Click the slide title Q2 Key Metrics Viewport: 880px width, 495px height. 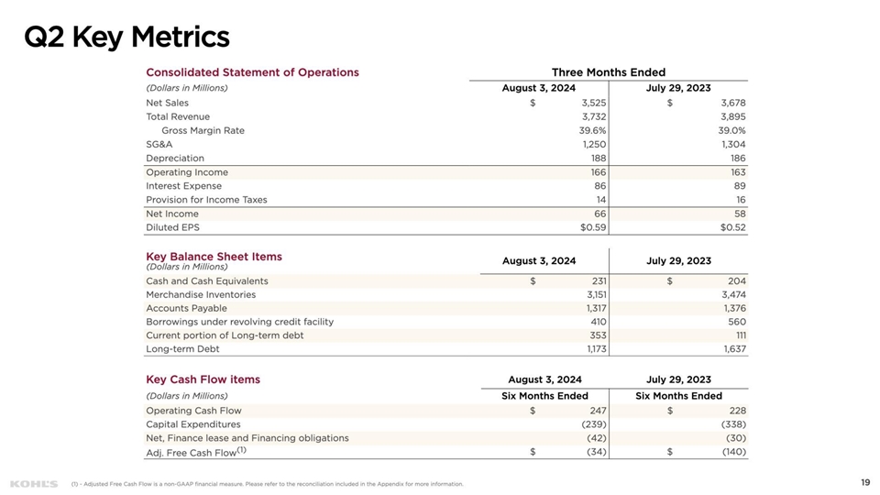(x=126, y=38)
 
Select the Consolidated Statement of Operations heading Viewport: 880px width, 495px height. (x=252, y=72)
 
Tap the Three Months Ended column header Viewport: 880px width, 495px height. (x=608, y=72)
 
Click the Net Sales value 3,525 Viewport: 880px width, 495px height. (x=594, y=103)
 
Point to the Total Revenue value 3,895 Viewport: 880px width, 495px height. (x=732, y=116)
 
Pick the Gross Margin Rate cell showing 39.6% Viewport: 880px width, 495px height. (x=591, y=130)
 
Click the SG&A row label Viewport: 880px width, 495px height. (x=159, y=144)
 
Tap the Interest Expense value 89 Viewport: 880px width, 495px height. (x=738, y=186)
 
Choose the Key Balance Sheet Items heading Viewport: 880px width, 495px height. (x=214, y=257)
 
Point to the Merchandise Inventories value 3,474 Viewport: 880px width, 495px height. (x=732, y=295)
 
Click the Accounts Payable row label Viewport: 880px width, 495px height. (x=186, y=309)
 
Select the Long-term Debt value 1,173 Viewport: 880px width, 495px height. (x=595, y=349)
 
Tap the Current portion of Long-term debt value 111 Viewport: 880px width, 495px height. (x=739, y=335)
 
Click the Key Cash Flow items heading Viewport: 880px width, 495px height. (x=203, y=379)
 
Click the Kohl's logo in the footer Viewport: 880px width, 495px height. (x=33, y=483)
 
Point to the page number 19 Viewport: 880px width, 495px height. (x=864, y=482)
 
